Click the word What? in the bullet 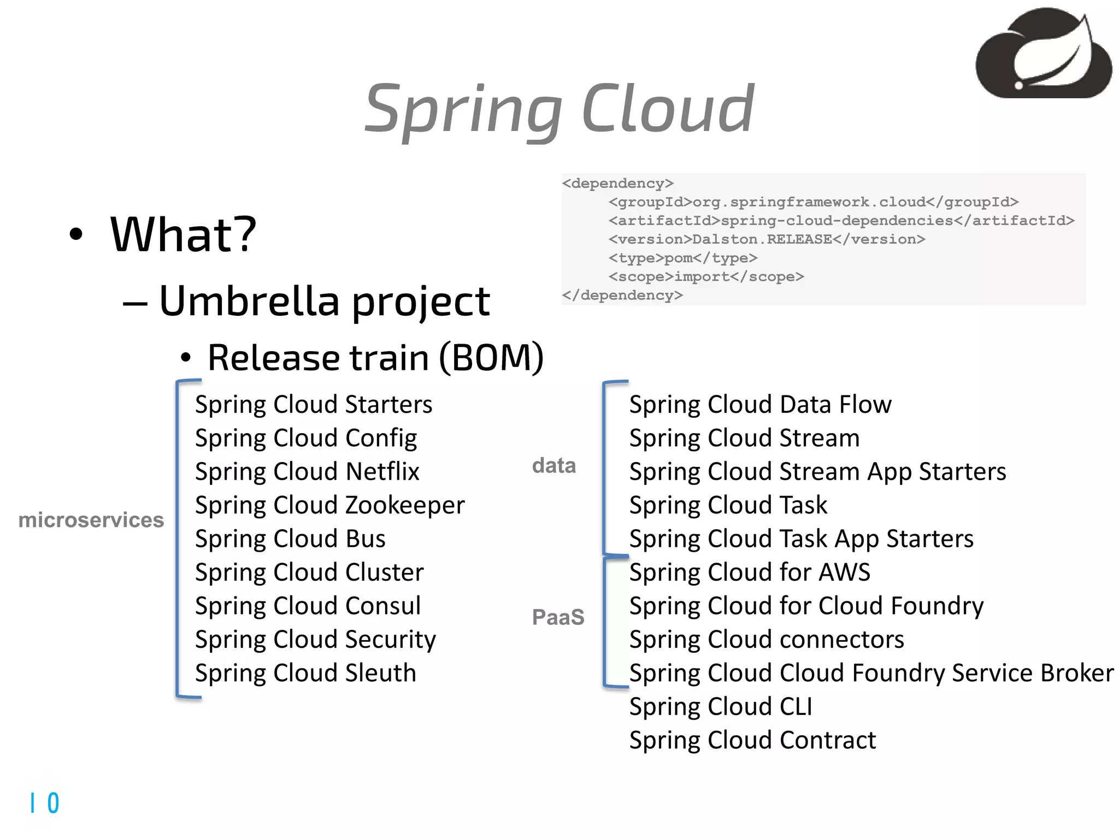click(183, 234)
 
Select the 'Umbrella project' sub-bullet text click(324, 301)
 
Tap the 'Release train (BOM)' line click(375, 358)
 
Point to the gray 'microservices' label click(91, 520)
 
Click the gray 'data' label click(554, 465)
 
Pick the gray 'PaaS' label click(558, 617)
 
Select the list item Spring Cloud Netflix click(307, 471)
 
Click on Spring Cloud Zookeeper click(330, 505)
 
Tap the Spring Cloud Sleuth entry click(305, 673)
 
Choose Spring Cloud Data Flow click(760, 405)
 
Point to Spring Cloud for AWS click(750, 572)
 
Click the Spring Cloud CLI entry click(721, 707)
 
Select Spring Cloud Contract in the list click(752, 741)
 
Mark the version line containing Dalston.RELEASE click(767, 239)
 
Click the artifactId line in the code click(841, 221)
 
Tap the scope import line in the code click(706, 277)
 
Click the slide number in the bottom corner click(45, 803)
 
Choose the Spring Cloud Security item click(315, 640)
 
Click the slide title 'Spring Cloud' click(559, 109)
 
